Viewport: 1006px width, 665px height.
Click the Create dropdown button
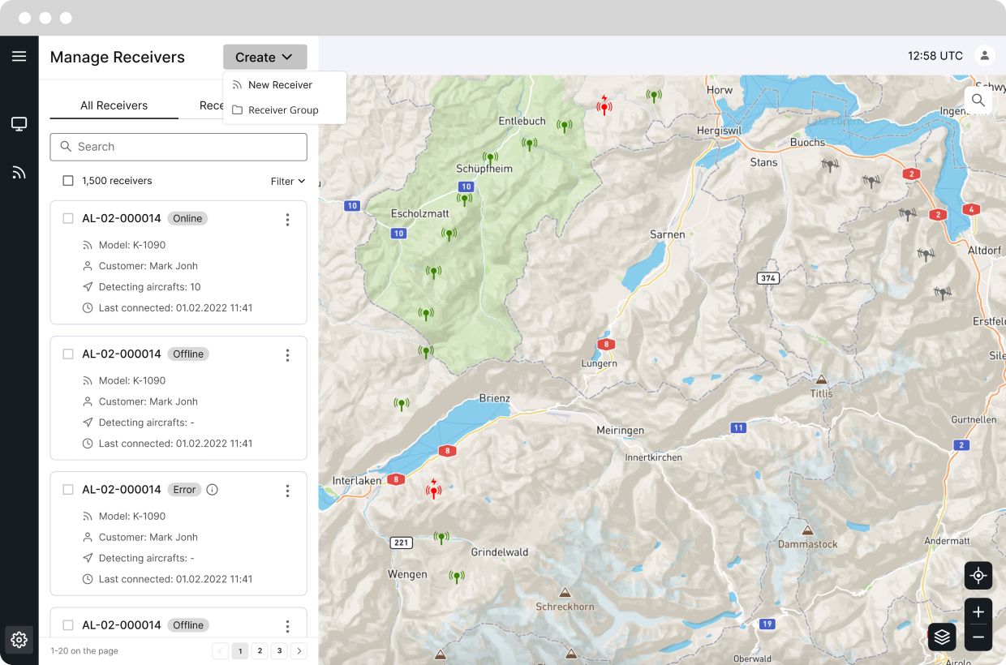click(264, 57)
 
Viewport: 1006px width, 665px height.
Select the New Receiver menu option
click(280, 84)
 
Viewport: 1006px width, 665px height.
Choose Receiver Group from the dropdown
click(283, 110)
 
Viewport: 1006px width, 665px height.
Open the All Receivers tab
click(114, 105)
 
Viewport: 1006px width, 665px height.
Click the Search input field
click(178, 147)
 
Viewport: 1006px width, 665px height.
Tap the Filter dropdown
click(288, 181)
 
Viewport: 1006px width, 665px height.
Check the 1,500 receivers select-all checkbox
click(68, 181)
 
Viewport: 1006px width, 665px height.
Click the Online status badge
click(187, 218)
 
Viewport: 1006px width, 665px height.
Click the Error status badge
click(184, 489)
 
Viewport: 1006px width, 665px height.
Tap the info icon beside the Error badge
click(213, 489)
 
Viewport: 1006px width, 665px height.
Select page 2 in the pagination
click(259, 650)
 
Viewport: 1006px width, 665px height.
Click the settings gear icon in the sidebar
click(19, 639)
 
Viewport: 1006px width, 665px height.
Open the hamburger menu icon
click(19, 56)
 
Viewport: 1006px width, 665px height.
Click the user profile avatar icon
click(985, 56)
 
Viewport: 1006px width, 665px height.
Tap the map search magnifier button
click(978, 101)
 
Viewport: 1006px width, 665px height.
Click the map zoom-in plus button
click(978, 612)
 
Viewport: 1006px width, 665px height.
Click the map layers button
click(942, 637)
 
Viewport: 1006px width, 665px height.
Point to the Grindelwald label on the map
click(501, 552)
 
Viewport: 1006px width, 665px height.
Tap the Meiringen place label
click(620, 431)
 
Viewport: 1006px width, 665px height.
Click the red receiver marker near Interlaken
click(434, 489)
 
